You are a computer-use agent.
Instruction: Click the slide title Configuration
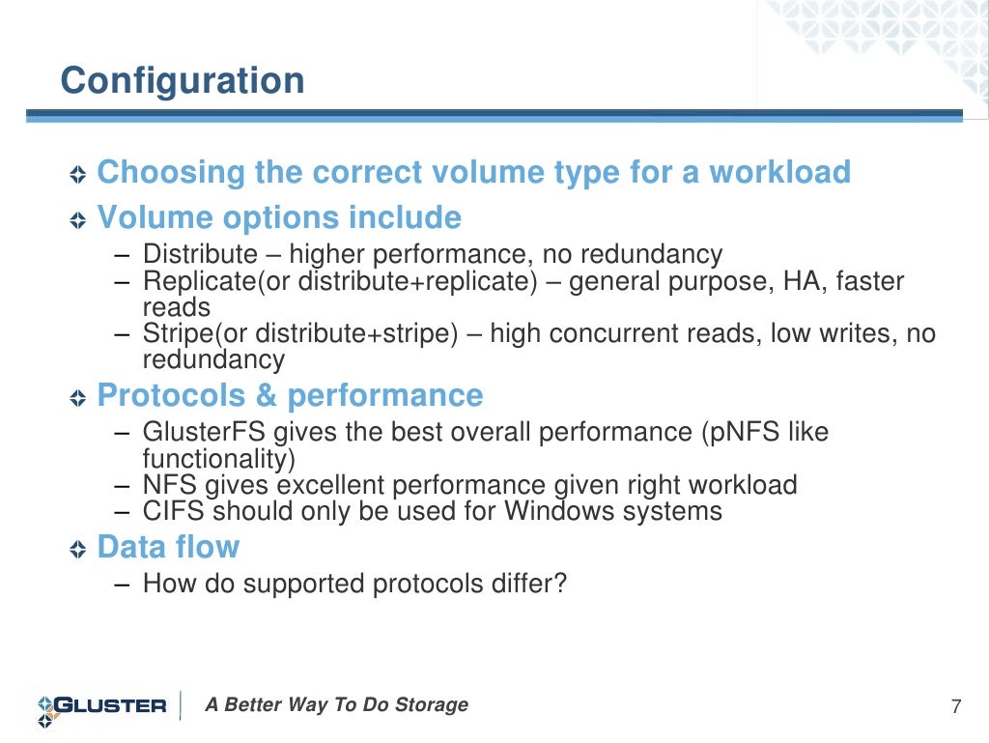[182, 80]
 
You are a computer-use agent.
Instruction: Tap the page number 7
[956, 706]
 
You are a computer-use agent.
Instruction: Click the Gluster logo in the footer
[101, 706]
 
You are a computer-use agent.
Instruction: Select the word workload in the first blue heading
[780, 173]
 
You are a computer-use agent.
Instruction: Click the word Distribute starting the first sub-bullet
[200, 255]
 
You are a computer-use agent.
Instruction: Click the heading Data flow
[168, 547]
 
